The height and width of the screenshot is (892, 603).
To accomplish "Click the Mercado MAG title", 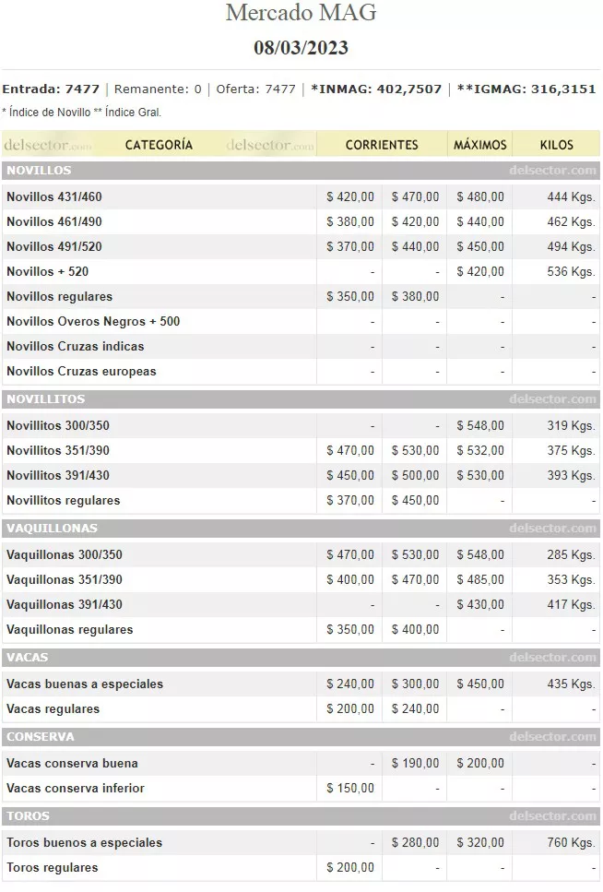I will (301, 14).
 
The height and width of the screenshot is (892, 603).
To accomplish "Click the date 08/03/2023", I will (301, 48).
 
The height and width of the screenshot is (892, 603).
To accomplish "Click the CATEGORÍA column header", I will (159, 145).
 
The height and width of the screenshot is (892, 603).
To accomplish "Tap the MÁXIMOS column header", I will (480, 145).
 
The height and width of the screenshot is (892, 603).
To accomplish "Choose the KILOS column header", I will (557, 145).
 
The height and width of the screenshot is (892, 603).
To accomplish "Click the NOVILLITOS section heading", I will (46, 399).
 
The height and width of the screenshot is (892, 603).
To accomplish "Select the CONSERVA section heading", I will (41, 737).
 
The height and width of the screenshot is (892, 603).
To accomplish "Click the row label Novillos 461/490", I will (54, 221).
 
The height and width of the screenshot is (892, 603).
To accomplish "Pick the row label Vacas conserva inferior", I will (76, 789).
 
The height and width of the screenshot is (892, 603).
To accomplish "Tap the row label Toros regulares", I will (53, 868).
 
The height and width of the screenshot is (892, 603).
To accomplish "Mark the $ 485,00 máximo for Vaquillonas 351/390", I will (480, 580).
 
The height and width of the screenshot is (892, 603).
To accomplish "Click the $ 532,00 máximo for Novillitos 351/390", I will (480, 451).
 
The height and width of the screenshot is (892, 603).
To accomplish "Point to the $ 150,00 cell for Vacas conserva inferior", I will (350, 789).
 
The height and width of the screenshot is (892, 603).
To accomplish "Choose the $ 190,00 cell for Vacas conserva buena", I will (415, 764).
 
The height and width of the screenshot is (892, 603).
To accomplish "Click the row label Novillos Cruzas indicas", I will (76, 347).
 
